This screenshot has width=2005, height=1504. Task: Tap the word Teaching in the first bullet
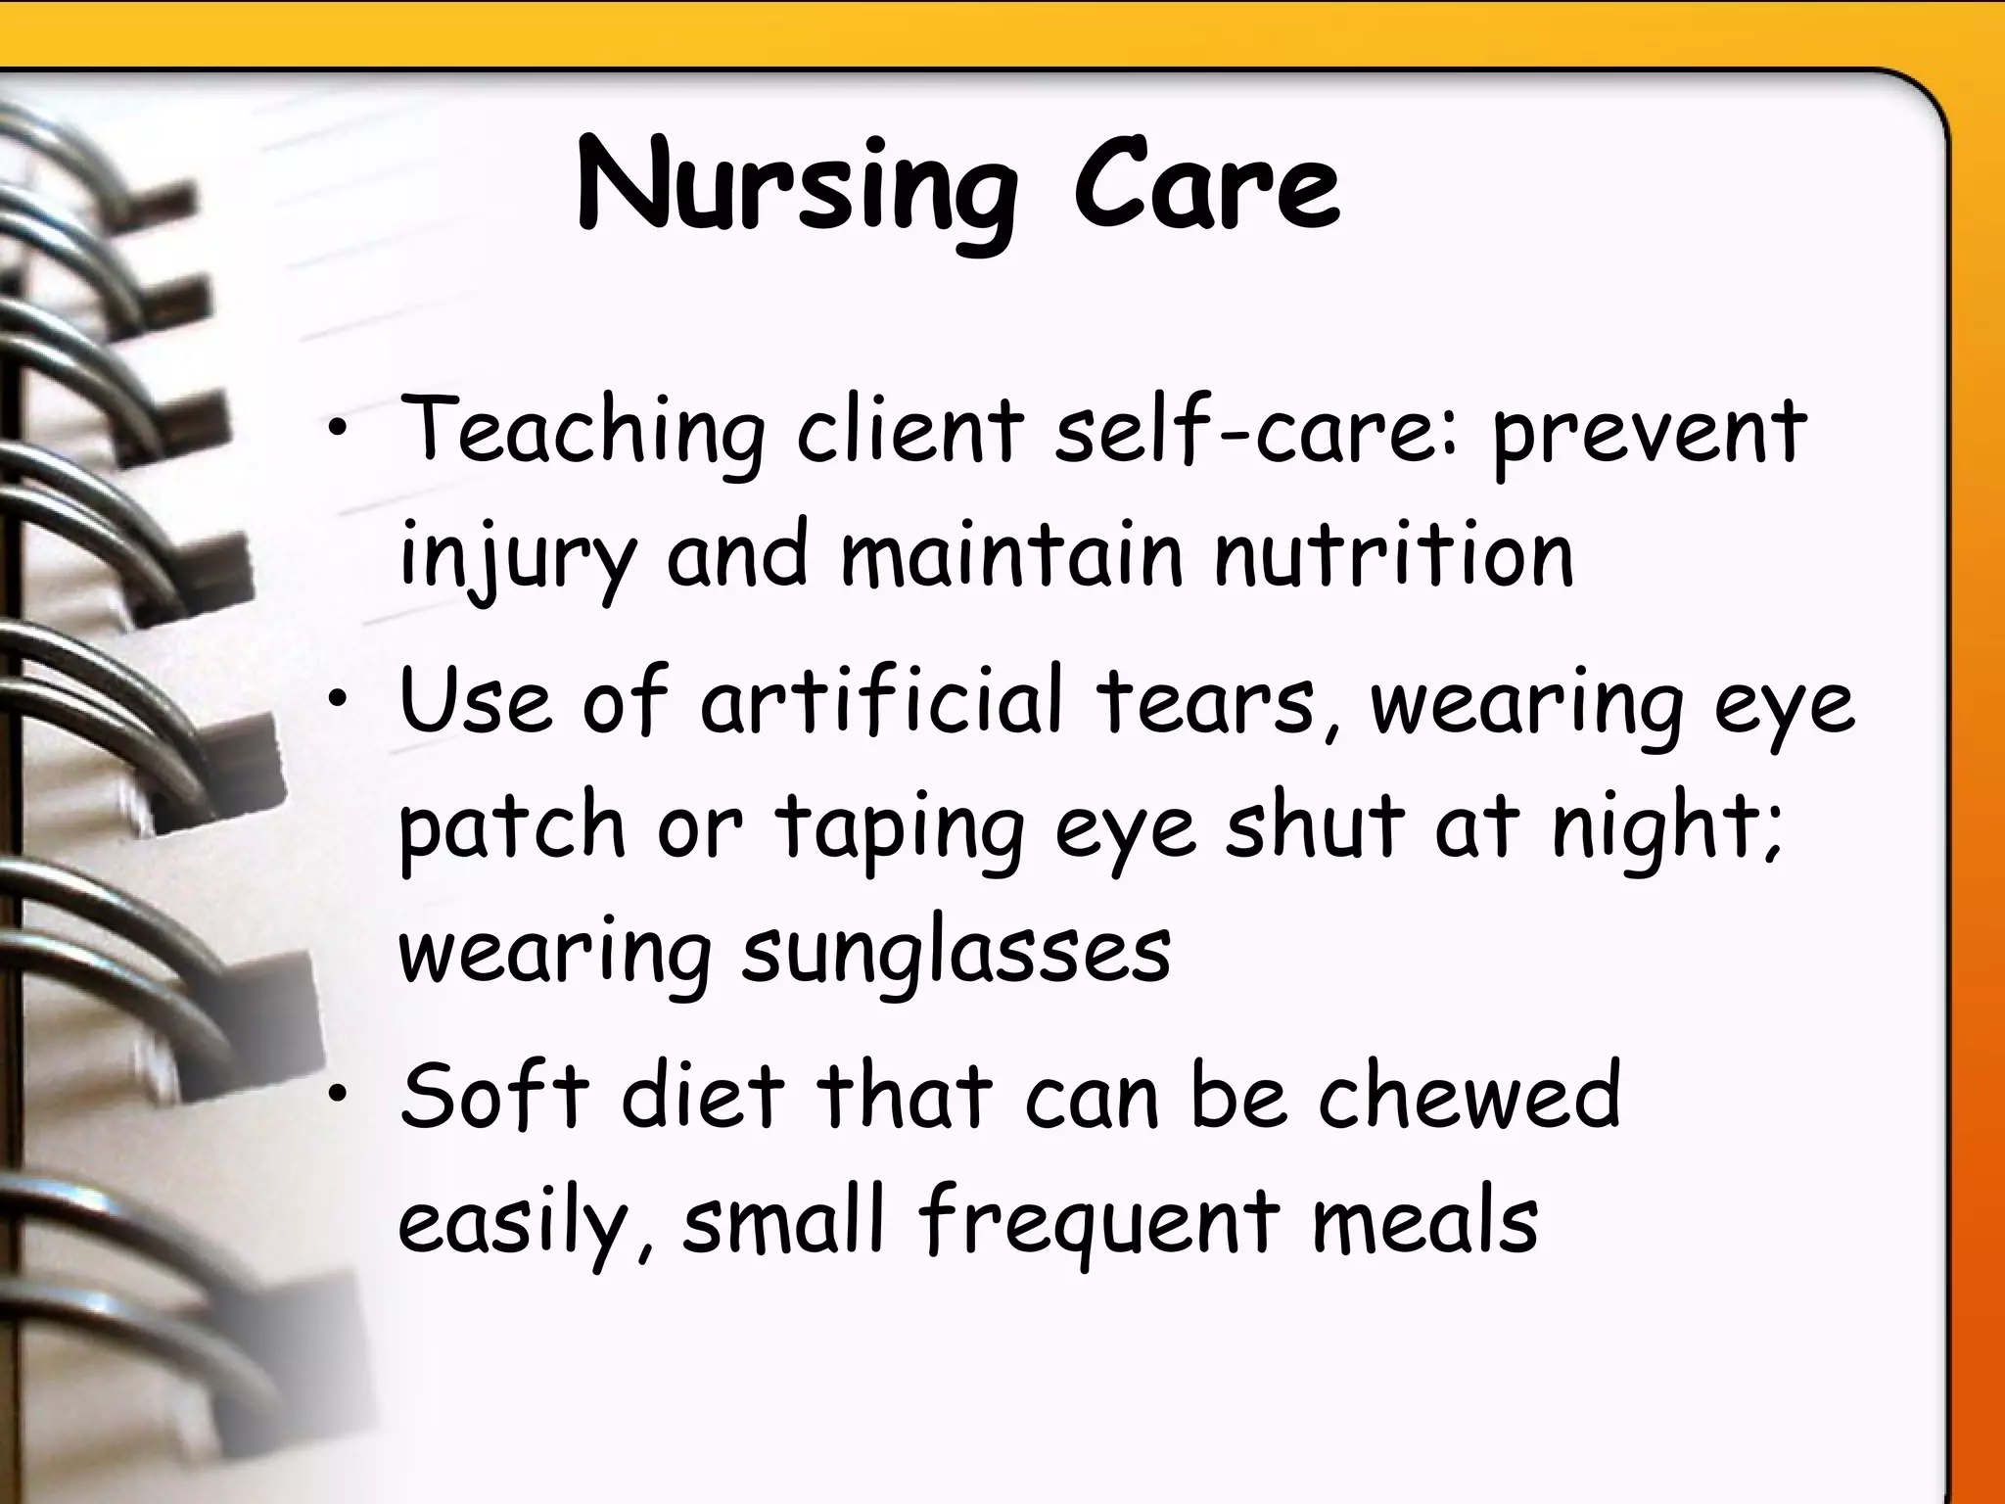[583, 431]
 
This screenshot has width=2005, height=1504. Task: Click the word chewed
[1469, 1097]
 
